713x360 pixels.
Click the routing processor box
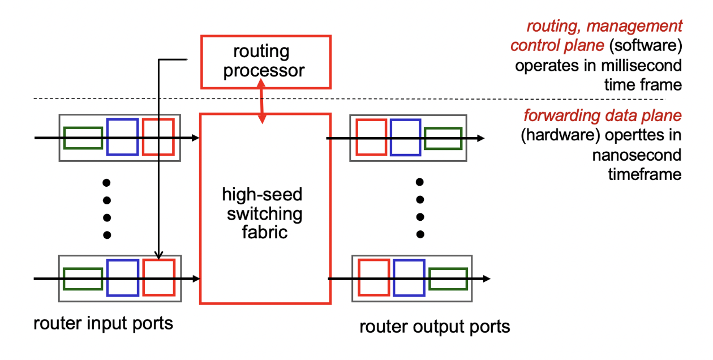pos(265,62)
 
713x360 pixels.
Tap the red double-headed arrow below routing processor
pos(261,102)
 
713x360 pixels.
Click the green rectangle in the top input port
pos(83,138)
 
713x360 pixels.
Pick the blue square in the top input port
pos(122,137)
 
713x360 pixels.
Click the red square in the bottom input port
pos(158,277)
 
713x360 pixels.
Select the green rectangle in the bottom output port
pos(448,278)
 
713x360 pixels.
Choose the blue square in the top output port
pos(405,137)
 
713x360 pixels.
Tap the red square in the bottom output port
pos(373,277)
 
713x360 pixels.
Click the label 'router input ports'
pos(103,324)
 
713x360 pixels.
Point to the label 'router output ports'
pos(435,327)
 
